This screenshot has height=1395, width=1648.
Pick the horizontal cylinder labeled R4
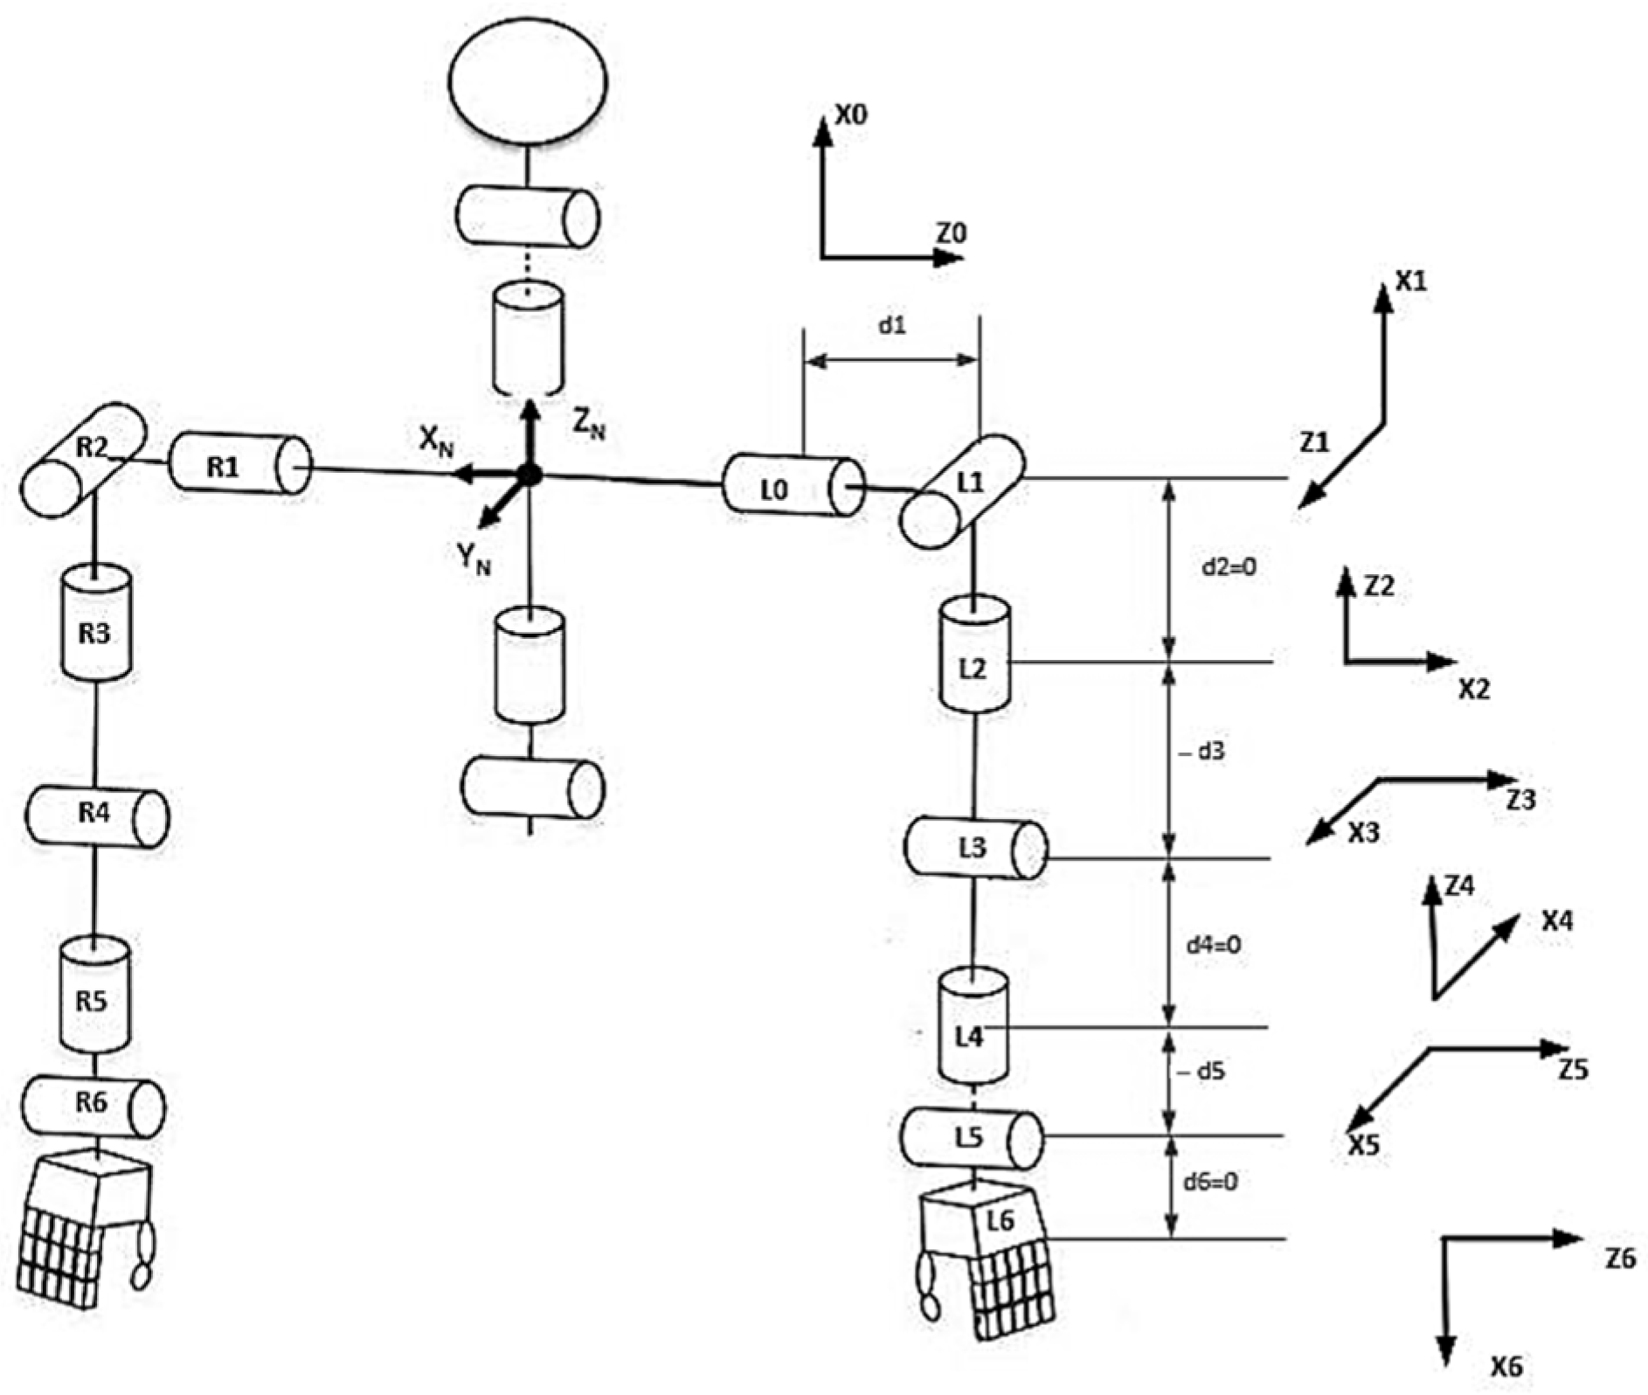(x=95, y=816)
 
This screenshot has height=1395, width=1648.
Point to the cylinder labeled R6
(x=93, y=1107)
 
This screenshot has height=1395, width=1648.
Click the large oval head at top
(x=527, y=80)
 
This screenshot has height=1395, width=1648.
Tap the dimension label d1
(x=891, y=326)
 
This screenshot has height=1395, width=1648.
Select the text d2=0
(x=1228, y=566)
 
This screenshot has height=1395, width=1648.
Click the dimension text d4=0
(x=1213, y=945)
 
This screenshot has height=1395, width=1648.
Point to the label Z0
(x=952, y=233)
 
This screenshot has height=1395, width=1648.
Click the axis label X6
(x=1506, y=1365)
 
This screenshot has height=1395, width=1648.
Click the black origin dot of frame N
(x=530, y=475)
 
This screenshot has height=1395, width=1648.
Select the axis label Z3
(x=1520, y=799)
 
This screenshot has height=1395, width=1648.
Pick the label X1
(x=1410, y=281)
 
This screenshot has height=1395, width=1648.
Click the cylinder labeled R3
(x=95, y=622)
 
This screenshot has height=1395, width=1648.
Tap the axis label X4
(x=1556, y=921)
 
